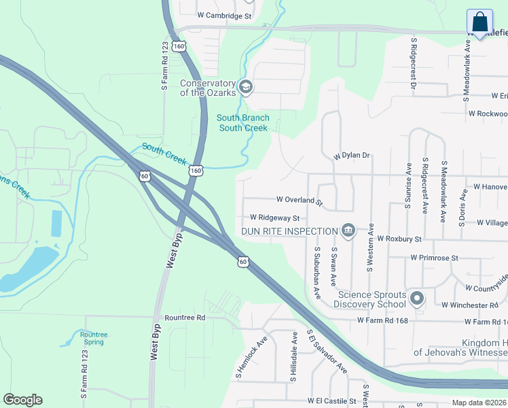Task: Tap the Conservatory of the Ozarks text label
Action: [207, 88]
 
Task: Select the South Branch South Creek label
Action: [243, 123]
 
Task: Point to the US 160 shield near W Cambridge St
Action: [178, 46]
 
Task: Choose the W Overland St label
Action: [300, 201]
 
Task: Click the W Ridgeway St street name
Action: [274, 218]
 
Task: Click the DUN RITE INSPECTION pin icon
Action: [348, 231]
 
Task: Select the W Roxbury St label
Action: [399, 239]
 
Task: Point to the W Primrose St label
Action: [435, 258]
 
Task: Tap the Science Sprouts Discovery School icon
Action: [417, 299]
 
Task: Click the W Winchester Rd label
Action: [469, 305]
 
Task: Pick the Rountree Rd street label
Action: [185, 318]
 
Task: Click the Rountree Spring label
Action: [94, 338]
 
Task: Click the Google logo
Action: [22, 400]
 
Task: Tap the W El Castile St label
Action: [331, 402]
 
